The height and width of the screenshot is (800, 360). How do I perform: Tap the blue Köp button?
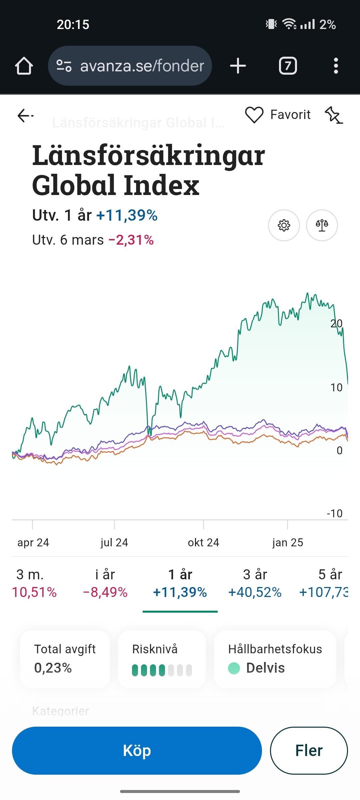pyautogui.click(x=137, y=751)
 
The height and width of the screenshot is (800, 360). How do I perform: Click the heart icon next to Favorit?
pyautogui.click(x=254, y=115)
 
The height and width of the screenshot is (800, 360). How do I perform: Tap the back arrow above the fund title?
pyautogui.click(x=25, y=116)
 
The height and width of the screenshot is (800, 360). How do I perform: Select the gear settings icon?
pyautogui.click(x=284, y=225)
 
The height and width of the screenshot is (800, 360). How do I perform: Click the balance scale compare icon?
pyautogui.click(x=322, y=225)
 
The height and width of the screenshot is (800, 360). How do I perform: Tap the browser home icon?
pyautogui.click(x=24, y=66)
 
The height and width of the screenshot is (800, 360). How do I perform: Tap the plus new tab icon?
pyautogui.click(x=238, y=66)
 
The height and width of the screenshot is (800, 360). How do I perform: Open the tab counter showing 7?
pyautogui.click(x=288, y=66)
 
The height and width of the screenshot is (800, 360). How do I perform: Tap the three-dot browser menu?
pyautogui.click(x=336, y=66)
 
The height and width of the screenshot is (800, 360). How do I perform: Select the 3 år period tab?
pyautogui.click(x=255, y=583)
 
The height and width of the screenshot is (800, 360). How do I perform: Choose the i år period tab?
pyautogui.click(x=105, y=583)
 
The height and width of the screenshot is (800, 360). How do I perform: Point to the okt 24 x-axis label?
pyautogui.click(x=203, y=543)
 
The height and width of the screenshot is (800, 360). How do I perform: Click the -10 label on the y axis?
pyautogui.click(x=335, y=513)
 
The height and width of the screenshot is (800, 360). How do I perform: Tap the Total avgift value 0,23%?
pyautogui.click(x=53, y=668)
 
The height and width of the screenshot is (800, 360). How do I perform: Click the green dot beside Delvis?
pyautogui.click(x=234, y=668)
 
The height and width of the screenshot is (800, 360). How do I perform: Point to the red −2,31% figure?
pyautogui.click(x=131, y=240)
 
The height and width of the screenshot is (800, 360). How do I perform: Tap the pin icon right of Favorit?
pyautogui.click(x=334, y=115)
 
